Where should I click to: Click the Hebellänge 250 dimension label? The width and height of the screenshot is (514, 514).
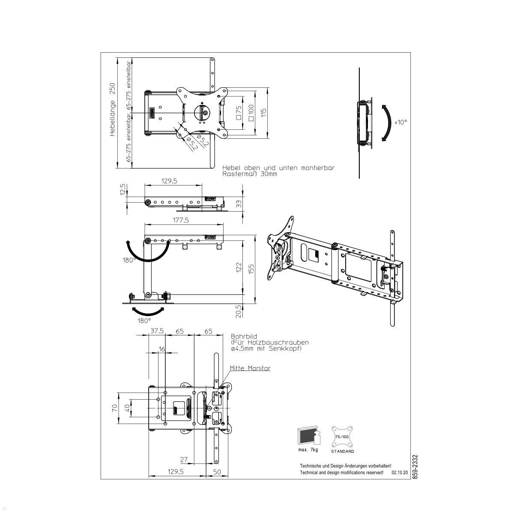coord(112,110)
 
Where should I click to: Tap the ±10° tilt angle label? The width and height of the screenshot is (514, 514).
coord(401,122)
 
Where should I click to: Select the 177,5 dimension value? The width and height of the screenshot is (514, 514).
coord(181,220)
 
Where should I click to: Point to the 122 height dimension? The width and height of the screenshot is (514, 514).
coord(239,267)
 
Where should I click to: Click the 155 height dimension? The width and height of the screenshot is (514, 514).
coord(251,269)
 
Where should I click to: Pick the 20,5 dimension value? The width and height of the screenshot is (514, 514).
coord(239,311)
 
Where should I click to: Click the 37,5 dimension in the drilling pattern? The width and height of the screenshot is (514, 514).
coord(157,331)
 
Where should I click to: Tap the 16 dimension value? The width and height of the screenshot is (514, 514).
coord(161,349)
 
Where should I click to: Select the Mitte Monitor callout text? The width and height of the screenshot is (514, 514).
coord(250,368)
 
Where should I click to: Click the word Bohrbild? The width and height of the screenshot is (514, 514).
coord(244,337)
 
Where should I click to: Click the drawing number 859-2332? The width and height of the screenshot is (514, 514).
coord(414,467)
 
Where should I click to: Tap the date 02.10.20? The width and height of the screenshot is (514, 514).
coord(400,472)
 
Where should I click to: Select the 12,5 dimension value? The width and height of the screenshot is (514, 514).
coord(123,189)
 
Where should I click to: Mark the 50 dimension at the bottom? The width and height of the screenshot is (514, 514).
coord(217,472)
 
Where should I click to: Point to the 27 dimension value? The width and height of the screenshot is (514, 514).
coord(184,460)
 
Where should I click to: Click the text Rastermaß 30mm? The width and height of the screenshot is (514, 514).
coord(250,174)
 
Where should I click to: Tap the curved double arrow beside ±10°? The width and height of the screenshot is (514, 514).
coord(386,123)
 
